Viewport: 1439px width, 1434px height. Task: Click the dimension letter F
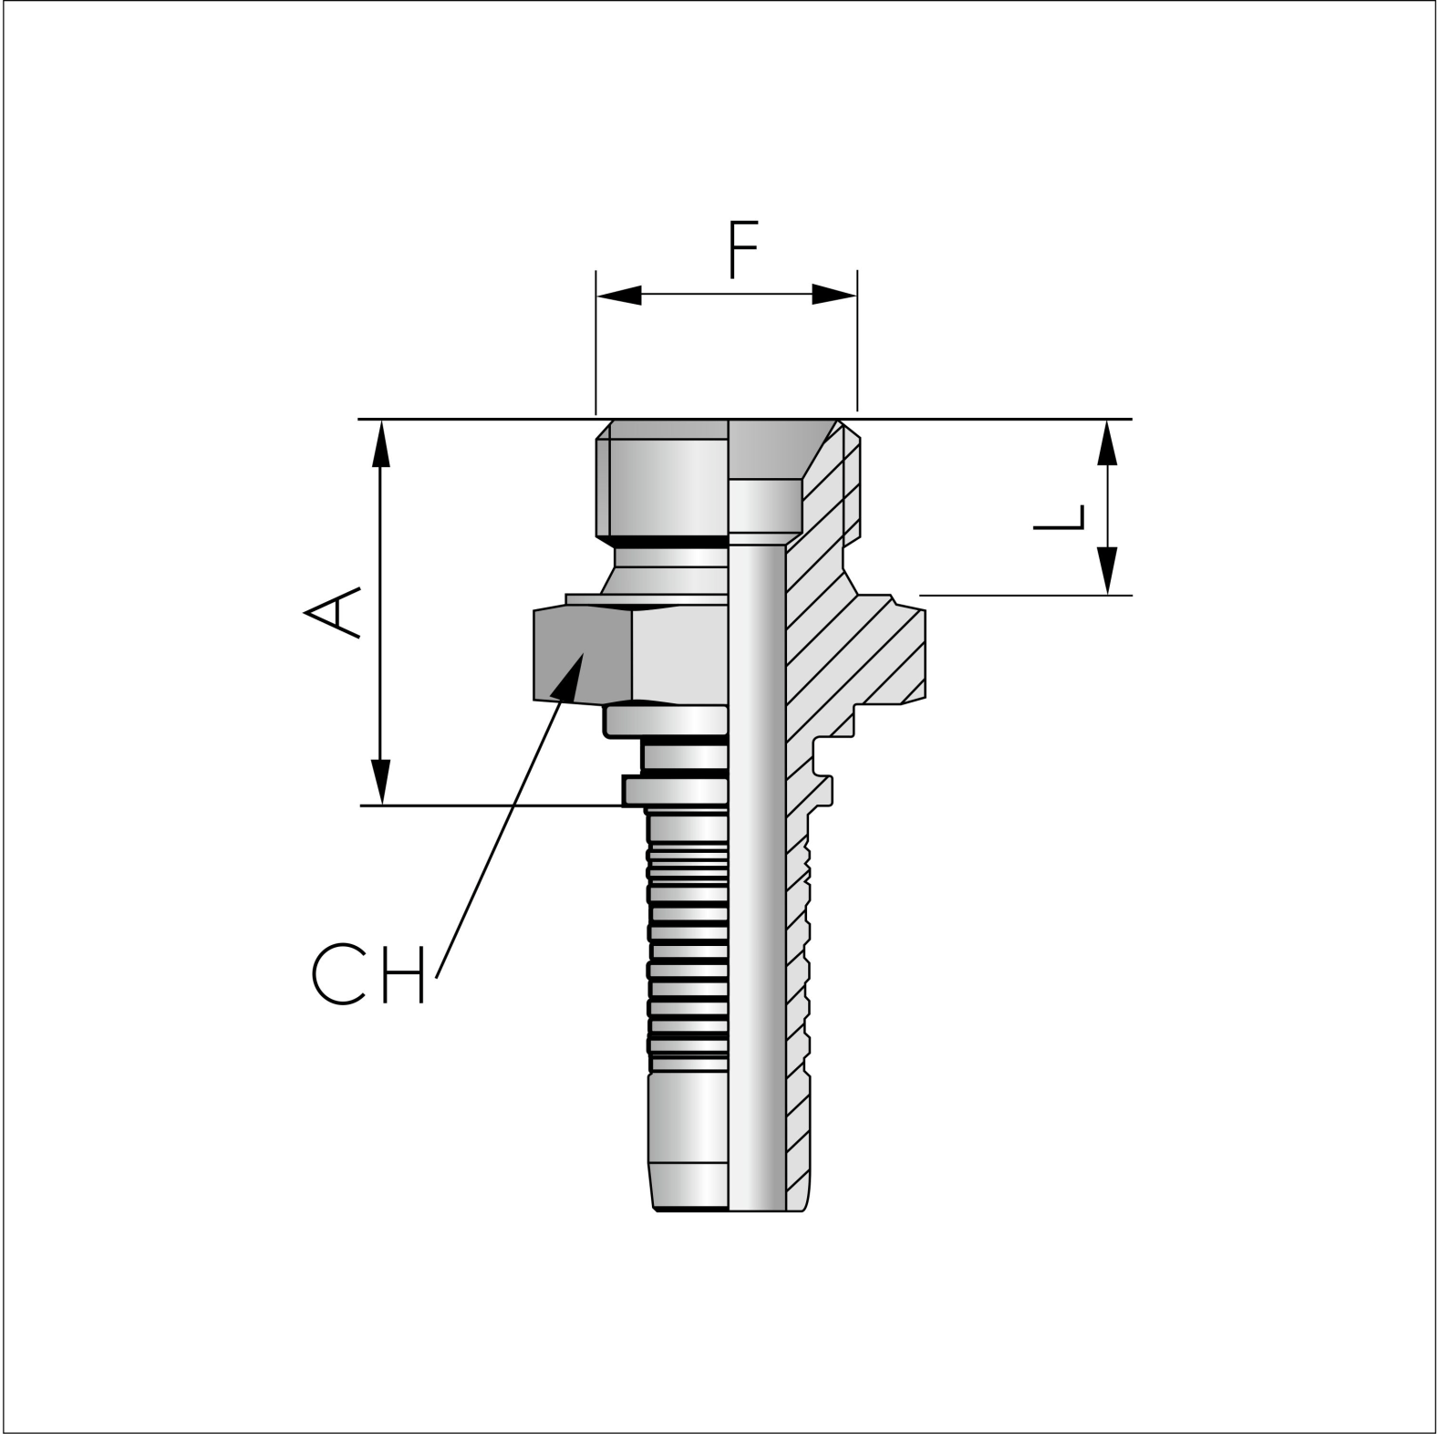(743, 249)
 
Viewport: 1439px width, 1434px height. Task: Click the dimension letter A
(332, 612)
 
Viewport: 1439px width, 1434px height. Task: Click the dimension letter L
(1060, 518)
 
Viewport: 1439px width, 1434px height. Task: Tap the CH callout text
(368, 974)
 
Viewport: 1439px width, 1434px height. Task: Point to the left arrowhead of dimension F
(618, 295)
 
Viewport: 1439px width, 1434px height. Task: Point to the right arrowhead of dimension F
(834, 295)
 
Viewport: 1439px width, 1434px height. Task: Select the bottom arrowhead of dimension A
(381, 782)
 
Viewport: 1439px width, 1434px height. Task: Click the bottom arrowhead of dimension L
(1107, 571)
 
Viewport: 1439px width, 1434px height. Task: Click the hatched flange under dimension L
(875, 648)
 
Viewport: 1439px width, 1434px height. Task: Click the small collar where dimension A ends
(675, 790)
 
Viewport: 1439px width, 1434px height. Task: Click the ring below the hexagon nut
(666, 721)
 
